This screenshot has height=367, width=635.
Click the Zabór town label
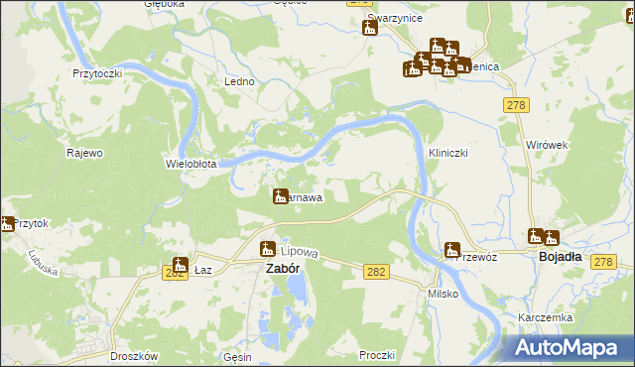tap(280, 268)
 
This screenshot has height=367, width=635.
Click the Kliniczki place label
tap(446, 154)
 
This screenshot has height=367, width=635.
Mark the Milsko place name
tap(442, 295)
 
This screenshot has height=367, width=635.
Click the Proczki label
tap(378, 354)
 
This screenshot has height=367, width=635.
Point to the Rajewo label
tap(84, 153)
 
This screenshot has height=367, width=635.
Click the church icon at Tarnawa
tap(280, 196)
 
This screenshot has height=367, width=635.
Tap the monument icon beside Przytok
tap(8, 224)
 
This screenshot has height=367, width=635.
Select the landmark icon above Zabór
tap(267, 249)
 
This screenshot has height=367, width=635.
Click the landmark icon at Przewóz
tap(452, 249)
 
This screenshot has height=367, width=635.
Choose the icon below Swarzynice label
tap(370, 27)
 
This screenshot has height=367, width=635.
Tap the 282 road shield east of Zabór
tap(375, 272)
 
